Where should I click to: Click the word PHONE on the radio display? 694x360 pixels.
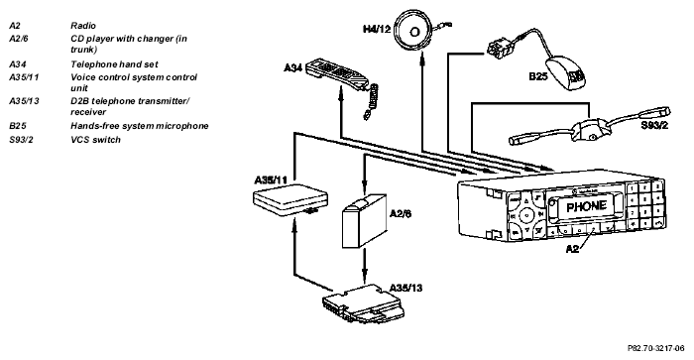pos(586,207)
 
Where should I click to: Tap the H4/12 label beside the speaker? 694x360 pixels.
pos(377,29)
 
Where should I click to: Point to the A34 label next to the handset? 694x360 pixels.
pos(293,67)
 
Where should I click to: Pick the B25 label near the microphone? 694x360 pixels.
pos(538,76)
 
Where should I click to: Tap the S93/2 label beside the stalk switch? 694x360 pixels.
pos(654,125)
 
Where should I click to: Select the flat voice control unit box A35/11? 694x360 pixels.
pos(290,200)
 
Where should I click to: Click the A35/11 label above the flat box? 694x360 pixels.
pos(271,180)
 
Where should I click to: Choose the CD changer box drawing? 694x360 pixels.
pos(364,220)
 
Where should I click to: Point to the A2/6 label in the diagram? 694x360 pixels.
pos(401,214)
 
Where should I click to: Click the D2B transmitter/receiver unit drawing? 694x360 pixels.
pos(364,304)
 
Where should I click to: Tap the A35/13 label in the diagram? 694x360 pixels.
pos(405,289)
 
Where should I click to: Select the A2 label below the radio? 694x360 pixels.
pos(572,249)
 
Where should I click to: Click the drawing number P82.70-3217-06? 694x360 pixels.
pos(656,349)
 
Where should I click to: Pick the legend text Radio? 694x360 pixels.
pos(83,26)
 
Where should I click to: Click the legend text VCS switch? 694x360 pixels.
pos(95,140)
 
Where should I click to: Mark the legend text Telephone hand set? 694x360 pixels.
pos(114,64)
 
